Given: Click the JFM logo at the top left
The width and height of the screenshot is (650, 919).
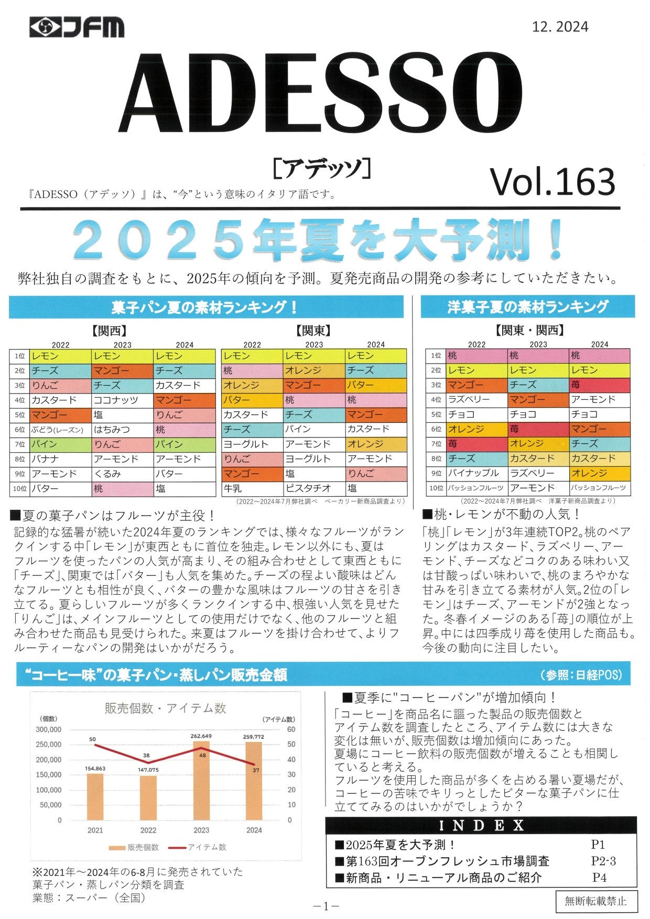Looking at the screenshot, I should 77,27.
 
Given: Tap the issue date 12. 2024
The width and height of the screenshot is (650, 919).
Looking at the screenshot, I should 560,27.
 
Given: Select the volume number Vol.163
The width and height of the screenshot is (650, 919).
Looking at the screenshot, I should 552,182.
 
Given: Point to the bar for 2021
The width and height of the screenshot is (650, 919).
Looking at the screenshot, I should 95,797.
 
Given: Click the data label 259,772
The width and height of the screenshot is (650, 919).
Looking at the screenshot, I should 254,737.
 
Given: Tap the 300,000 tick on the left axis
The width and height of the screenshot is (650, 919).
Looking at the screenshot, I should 49,729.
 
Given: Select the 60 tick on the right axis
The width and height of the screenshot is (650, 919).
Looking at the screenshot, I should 291,729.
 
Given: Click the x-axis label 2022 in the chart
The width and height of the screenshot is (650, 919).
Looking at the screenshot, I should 148,830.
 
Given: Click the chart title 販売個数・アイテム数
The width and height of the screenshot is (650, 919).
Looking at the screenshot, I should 165,708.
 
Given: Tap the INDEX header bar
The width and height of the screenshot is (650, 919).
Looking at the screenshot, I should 481,826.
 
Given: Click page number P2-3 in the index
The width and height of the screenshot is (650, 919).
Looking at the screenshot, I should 603,861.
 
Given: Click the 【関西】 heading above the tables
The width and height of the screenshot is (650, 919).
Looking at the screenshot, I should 110,331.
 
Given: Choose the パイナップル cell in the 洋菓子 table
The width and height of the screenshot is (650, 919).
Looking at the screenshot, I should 473,473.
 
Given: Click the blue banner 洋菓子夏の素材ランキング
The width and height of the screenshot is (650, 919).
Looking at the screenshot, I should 527,307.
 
